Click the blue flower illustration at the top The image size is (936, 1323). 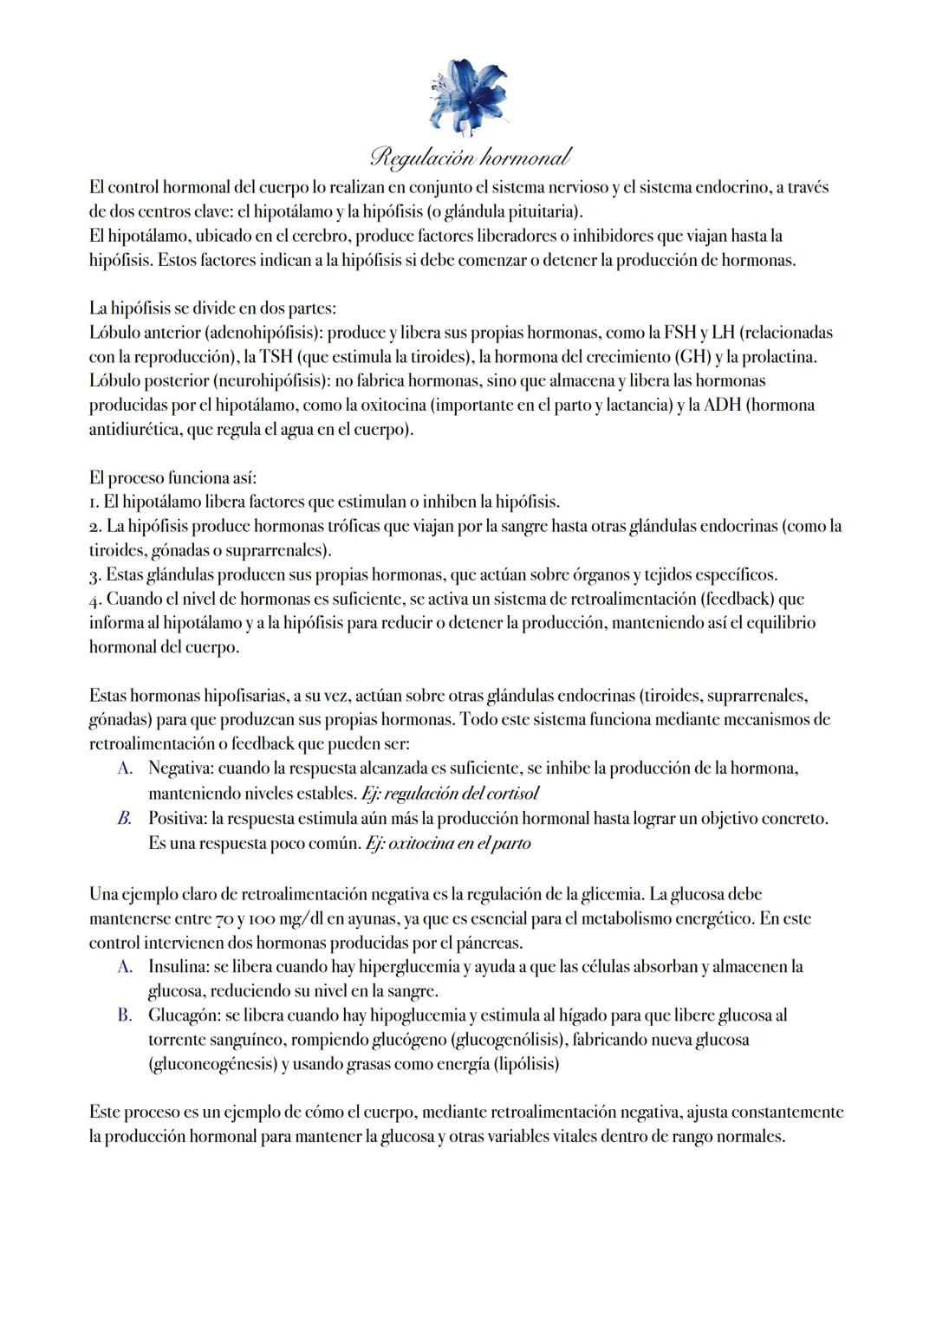pos(467,96)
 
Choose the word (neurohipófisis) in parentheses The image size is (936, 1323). pos(268,381)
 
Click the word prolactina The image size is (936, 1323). pos(779,357)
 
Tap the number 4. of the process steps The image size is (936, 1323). pos(95,600)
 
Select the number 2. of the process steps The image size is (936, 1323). pos(95,527)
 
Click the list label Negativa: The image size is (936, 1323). pos(180,769)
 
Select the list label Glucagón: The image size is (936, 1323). pos(184,1015)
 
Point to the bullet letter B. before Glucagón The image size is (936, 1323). pos(125,1015)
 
